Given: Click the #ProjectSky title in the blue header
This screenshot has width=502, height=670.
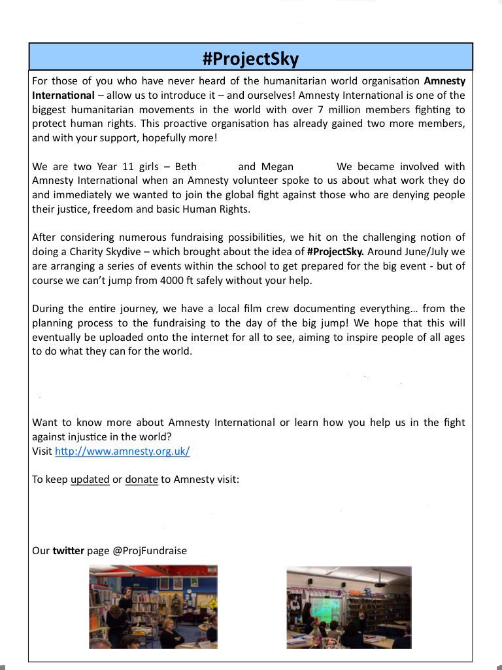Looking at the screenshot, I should point(250,59).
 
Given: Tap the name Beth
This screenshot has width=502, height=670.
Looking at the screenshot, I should point(186,166).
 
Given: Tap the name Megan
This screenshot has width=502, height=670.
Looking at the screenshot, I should point(277,166).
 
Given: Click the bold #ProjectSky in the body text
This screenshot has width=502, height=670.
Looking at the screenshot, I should point(336,251).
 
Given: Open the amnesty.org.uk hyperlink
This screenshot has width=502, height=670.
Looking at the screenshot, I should point(122,451).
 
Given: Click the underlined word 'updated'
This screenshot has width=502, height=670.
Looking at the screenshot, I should point(90,480).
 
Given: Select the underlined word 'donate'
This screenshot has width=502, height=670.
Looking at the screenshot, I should point(141,480).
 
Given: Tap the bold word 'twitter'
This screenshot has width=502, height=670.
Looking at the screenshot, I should point(68,551).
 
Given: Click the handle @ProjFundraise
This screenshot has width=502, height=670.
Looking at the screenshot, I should point(150,551).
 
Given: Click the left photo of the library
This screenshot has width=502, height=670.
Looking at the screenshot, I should point(153,607).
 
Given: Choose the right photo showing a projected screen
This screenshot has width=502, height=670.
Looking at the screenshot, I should point(349,607).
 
